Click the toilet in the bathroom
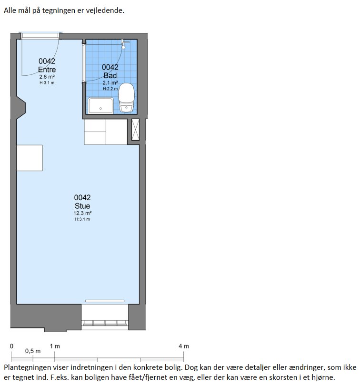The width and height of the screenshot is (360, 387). click(127, 98)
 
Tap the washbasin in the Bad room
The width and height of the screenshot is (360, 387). click(100, 106)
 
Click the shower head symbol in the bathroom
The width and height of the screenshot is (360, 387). click(124, 44)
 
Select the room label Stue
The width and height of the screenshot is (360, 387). click(82, 206)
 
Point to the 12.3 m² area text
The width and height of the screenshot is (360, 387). click(82, 213)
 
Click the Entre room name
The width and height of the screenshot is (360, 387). click(47, 70)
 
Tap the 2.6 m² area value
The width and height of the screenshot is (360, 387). click(47, 77)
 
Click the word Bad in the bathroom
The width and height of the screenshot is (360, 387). click(110, 75)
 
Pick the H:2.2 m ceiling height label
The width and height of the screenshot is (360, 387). click(110, 89)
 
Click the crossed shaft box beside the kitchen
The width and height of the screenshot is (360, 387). click(135, 130)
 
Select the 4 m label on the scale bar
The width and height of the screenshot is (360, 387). click(184, 346)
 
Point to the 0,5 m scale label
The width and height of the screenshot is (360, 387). click(33, 351)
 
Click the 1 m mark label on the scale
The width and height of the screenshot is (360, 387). click(55, 346)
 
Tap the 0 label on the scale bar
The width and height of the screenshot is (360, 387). click(11, 346)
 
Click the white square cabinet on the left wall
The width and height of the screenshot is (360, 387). click(30, 158)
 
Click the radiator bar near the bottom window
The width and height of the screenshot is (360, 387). click(105, 301)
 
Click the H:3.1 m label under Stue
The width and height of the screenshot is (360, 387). click(82, 219)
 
